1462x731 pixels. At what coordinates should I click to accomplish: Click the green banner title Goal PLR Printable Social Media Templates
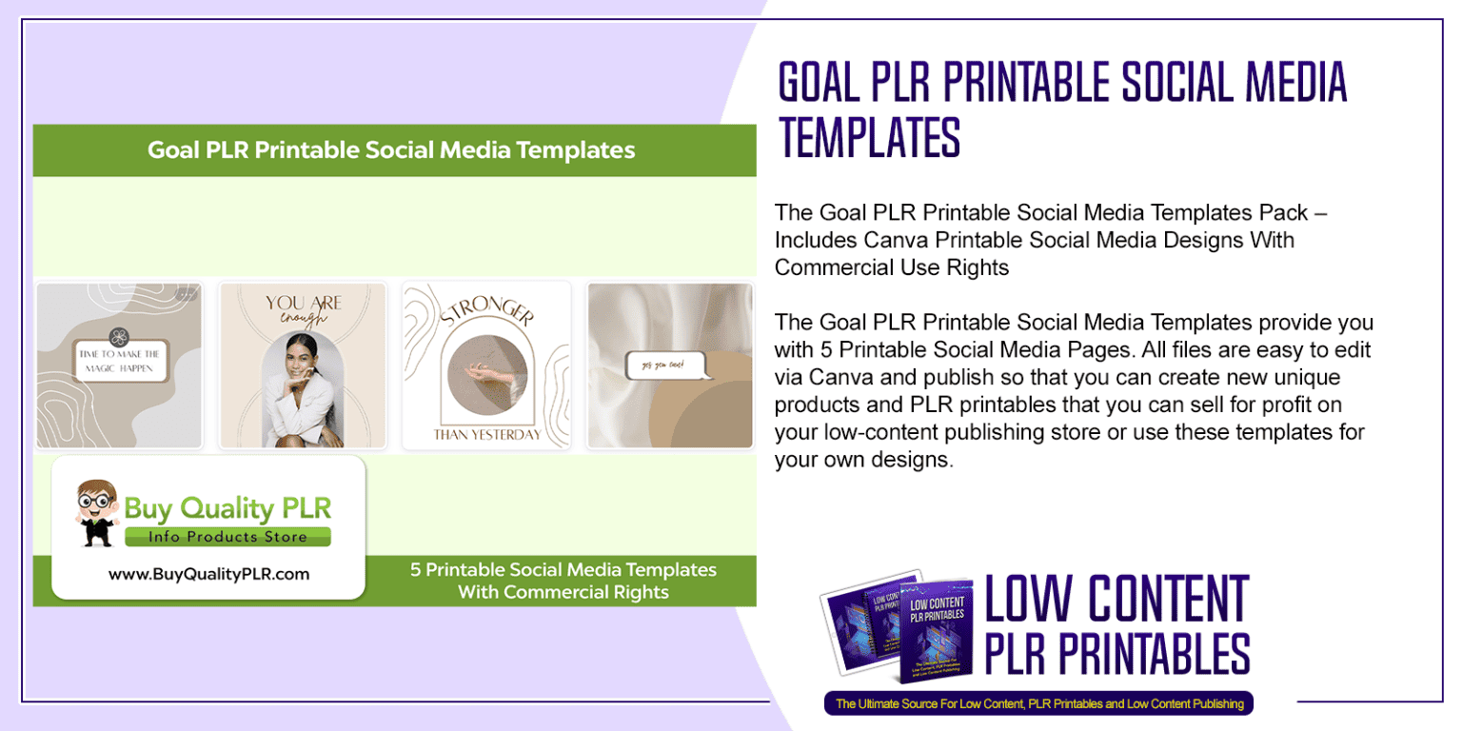point(390,150)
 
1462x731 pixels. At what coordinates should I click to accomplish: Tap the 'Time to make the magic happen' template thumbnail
point(119,365)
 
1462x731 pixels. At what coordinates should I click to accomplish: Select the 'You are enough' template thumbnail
point(303,365)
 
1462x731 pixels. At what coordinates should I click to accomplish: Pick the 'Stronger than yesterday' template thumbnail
point(486,365)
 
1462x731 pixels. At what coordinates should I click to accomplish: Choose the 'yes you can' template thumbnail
point(670,365)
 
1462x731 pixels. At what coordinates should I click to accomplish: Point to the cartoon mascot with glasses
point(97,511)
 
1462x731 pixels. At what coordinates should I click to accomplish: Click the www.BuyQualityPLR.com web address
point(208,574)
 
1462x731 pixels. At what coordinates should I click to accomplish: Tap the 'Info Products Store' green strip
point(227,537)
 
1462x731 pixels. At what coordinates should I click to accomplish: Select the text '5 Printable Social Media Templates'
point(563,570)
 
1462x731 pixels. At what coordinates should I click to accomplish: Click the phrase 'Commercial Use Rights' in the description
point(892,267)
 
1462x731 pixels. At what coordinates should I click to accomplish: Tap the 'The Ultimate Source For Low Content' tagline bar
point(1038,704)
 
